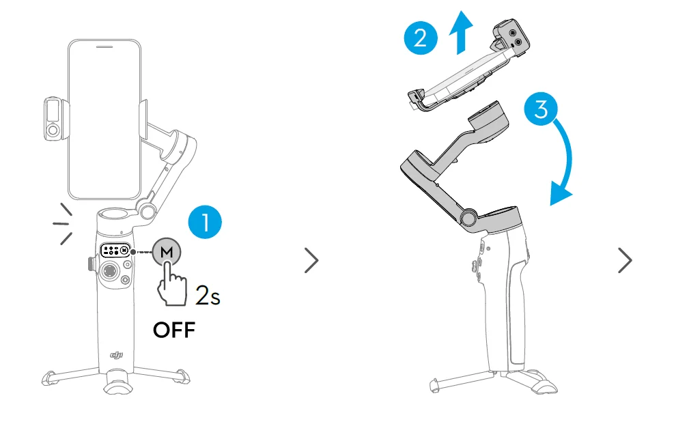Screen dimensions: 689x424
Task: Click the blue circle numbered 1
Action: pyautogui.click(x=205, y=222)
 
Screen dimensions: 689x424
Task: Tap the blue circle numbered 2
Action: pyautogui.click(x=421, y=38)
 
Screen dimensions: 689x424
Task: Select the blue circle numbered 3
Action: pyautogui.click(x=541, y=109)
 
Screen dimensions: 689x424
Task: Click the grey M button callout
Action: pyautogui.click(x=167, y=252)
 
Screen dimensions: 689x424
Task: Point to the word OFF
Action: pyautogui.click(x=174, y=330)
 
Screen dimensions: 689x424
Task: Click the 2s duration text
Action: pyautogui.click(x=208, y=295)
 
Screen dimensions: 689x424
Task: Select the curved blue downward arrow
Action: pyautogui.click(x=567, y=159)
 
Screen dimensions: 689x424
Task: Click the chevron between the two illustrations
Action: pyautogui.click(x=311, y=261)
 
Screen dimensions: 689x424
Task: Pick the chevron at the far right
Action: pyautogui.click(x=625, y=261)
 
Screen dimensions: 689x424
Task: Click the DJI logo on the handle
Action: pyautogui.click(x=116, y=355)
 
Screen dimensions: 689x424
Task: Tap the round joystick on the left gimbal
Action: pyautogui.click(x=109, y=270)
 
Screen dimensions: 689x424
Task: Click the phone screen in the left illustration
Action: pyautogui.click(x=104, y=119)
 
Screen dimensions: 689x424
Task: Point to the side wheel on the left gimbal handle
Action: pyautogui.click(x=91, y=264)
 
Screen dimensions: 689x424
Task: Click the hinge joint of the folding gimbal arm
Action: pyautogui.click(x=469, y=217)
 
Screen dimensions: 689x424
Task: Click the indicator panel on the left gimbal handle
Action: pyautogui.click(x=115, y=251)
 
